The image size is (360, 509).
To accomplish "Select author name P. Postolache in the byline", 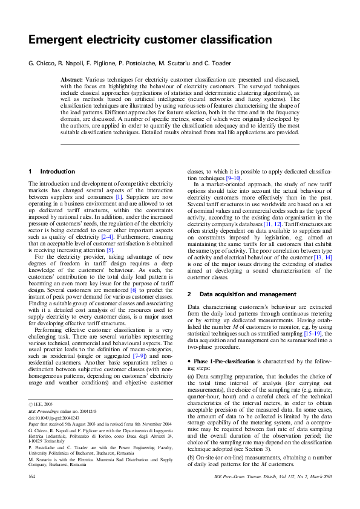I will point(142,63).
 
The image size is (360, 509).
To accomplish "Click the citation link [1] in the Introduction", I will point(119,197).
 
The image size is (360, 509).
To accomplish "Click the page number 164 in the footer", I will point(33,494).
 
